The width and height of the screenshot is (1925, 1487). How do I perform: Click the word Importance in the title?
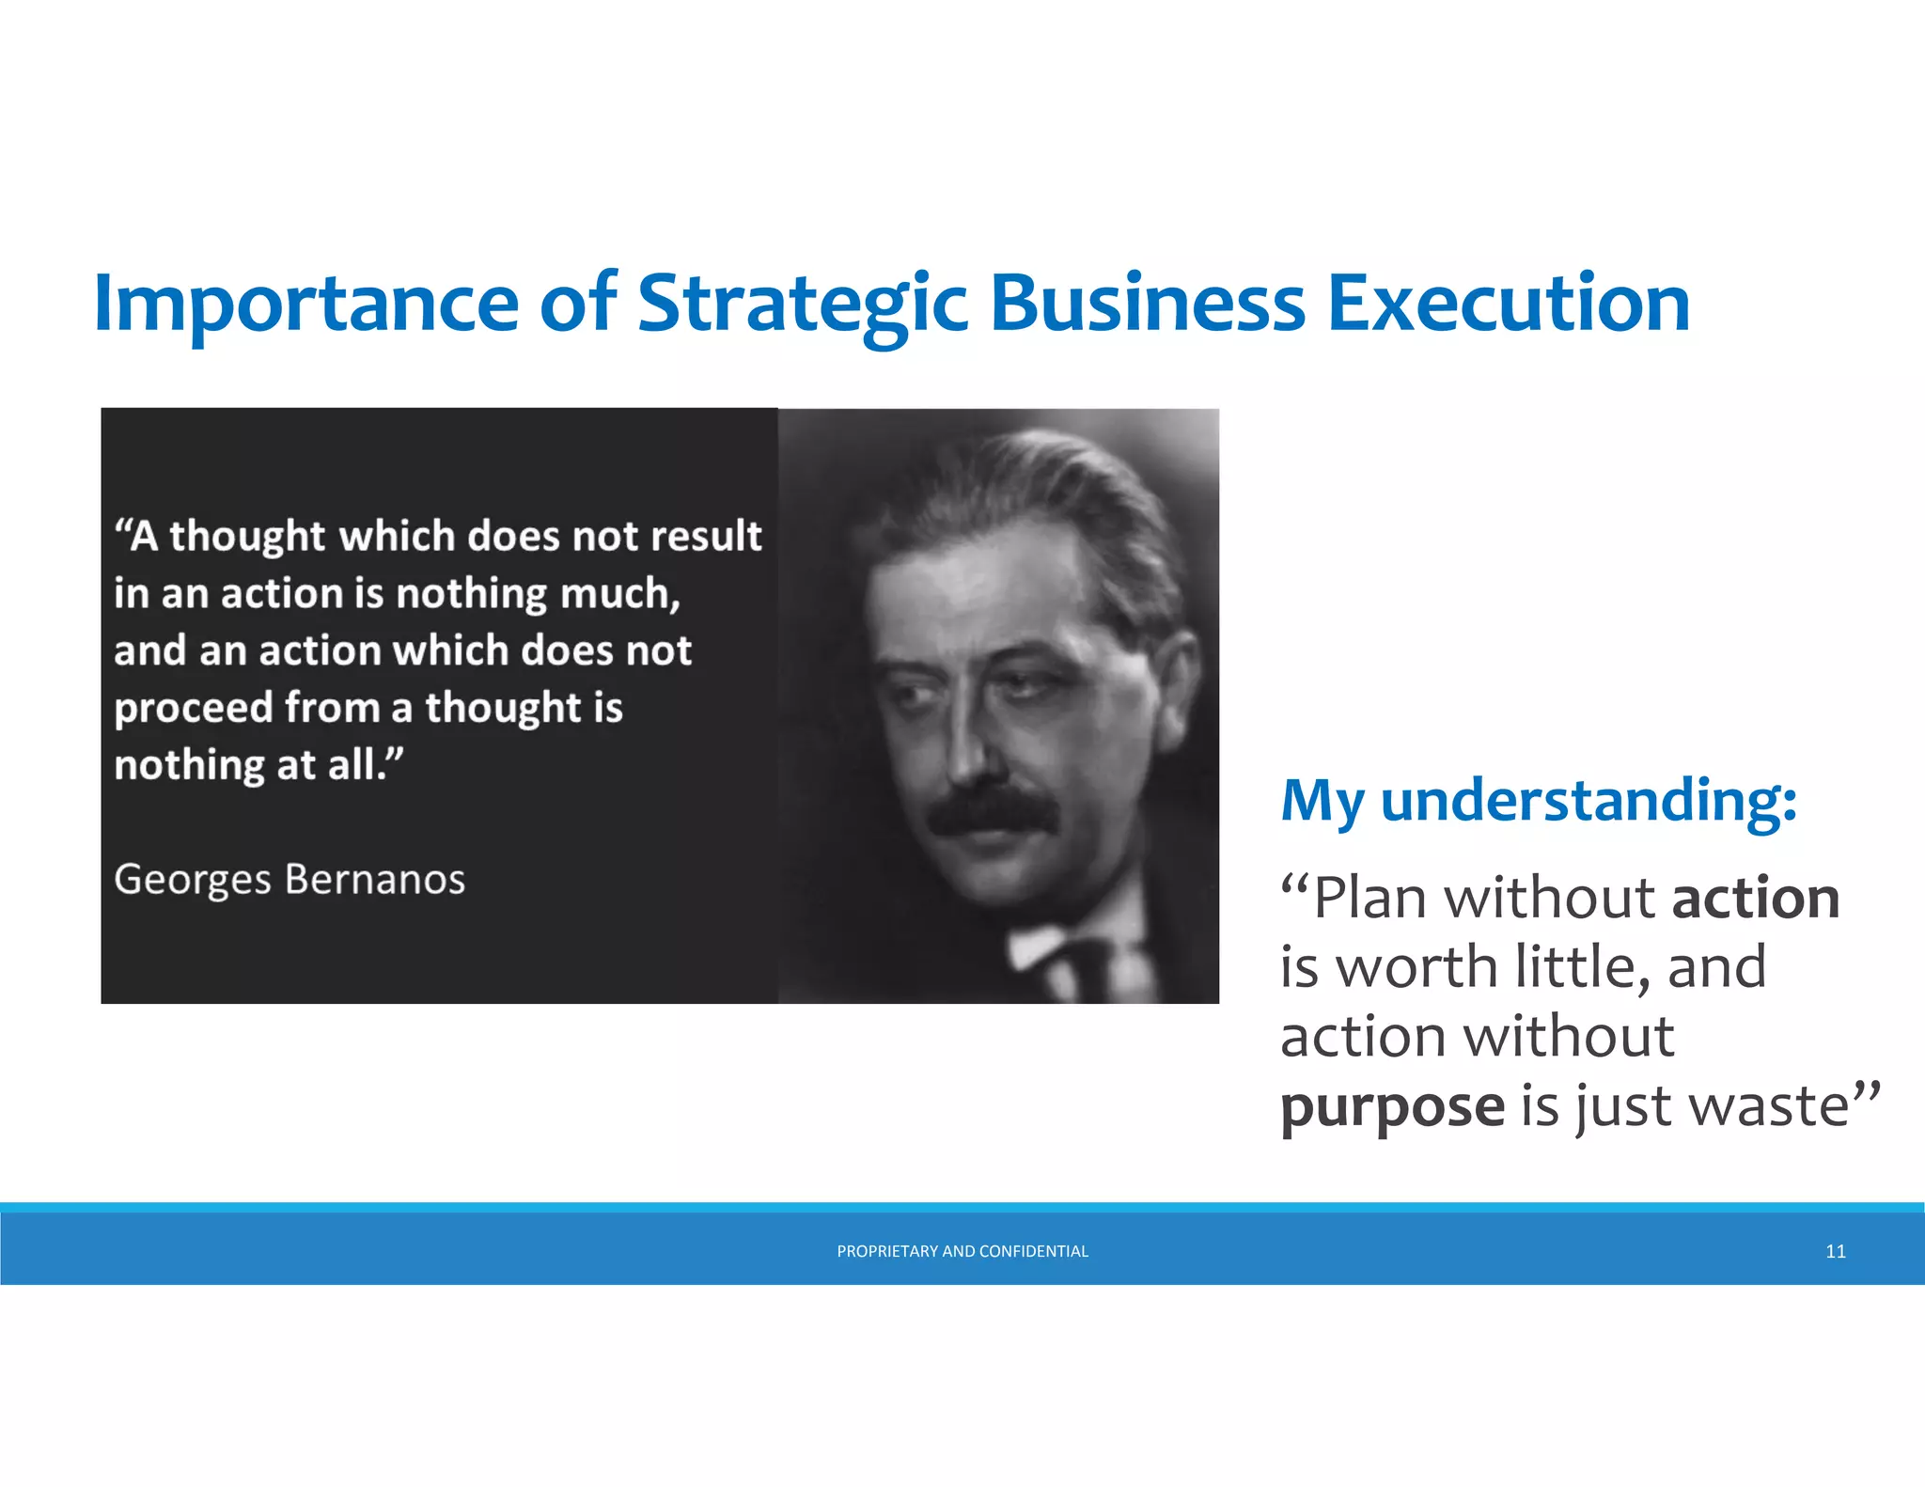click(x=305, y=304)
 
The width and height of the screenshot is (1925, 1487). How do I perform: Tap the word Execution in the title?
click(x=1508, y=304)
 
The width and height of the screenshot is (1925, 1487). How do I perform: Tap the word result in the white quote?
click(x=706, y=536)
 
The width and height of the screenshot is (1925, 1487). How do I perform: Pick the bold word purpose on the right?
click(x=1392, y=1106)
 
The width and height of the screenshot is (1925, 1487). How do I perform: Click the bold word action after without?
click(x=1755, y=898)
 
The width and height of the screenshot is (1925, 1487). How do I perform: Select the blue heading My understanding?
click(x=1539, y=801)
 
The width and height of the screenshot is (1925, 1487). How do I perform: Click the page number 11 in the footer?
click(x=1835, y=1251)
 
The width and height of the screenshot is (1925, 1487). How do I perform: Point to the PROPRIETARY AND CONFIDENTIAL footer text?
click(x=962, y=1251)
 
